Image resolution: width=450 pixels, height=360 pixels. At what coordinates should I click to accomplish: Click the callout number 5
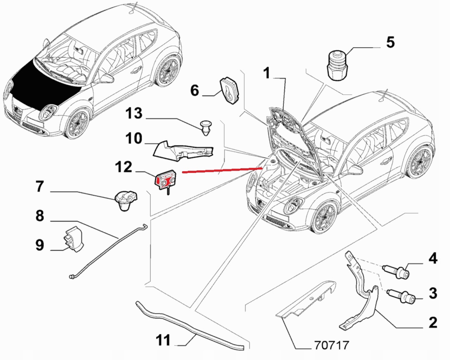[390, 42]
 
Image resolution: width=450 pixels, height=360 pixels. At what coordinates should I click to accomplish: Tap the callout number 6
[195, 90]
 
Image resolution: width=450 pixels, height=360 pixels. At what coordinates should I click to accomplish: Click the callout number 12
[124, 167]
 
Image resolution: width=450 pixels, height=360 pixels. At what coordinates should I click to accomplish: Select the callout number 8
[40, 216]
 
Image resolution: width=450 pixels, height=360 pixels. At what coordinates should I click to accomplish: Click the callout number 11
[164, 341]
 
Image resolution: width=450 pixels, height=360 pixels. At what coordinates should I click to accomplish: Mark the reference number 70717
[331, 346]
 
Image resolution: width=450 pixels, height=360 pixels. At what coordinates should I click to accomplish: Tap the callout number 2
[432, 322]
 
